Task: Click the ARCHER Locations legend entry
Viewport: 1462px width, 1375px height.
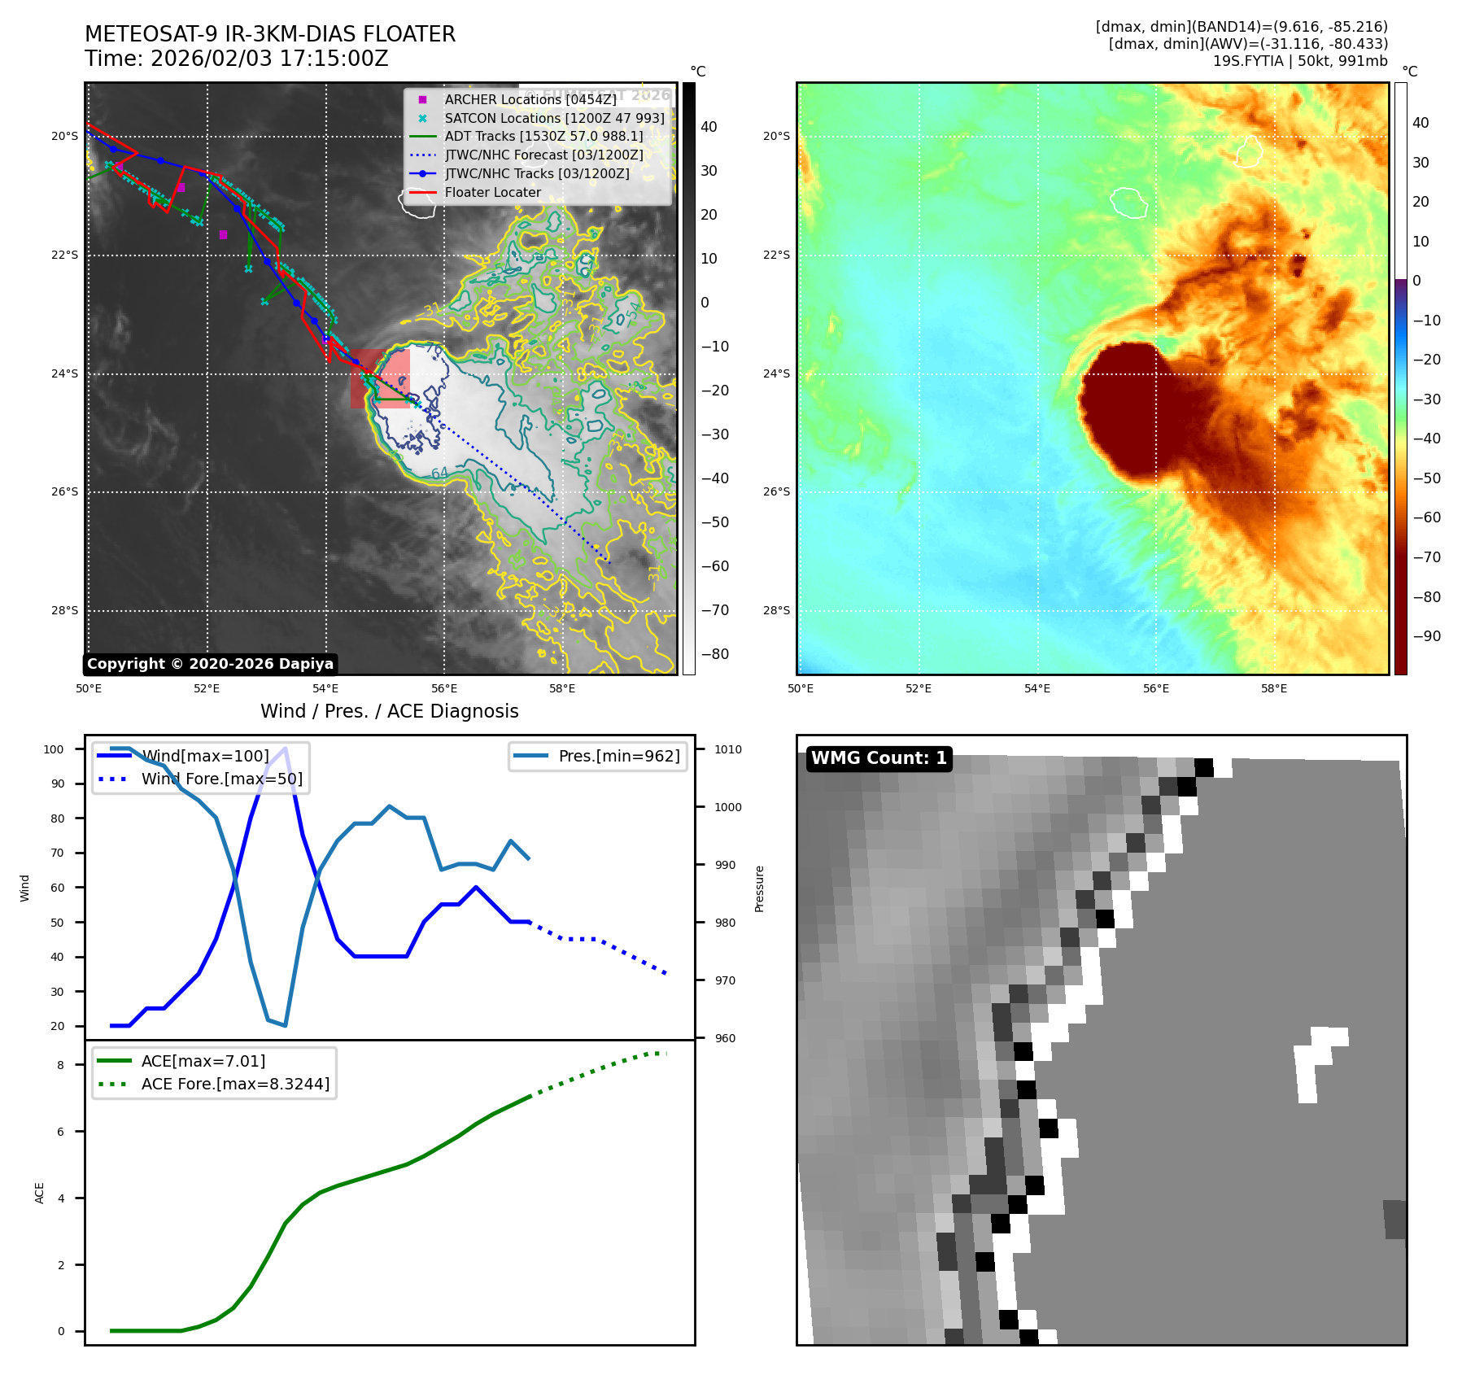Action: (530, 99)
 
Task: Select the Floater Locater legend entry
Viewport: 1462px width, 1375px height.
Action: (492, 193)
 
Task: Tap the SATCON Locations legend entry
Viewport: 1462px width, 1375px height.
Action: (553, 118)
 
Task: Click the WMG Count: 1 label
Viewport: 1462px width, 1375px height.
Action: (879, 758)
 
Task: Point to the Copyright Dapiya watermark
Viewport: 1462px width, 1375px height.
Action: (210, 664)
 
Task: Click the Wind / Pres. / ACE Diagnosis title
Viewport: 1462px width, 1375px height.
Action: (389, 711)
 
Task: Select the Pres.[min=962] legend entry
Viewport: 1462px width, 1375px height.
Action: (618, 756)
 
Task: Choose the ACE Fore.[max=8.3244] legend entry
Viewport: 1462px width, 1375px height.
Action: (234, 1084)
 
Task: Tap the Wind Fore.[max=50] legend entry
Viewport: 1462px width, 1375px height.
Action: (221, 779)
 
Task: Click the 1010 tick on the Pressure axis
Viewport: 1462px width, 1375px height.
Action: (728, 749)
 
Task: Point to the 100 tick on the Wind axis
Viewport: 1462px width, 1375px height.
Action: (54, 749)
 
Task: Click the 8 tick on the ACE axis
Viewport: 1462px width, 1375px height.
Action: (60, 1065)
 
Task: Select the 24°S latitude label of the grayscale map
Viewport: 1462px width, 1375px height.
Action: (65, 374)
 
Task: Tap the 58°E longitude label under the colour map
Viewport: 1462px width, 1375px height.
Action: (1273, 689)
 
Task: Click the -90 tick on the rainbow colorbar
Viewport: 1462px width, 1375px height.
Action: (1426, 636)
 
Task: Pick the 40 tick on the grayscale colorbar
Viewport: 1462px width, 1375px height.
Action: (709, 127)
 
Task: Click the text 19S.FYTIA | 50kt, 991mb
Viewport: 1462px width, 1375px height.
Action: (1299, 61)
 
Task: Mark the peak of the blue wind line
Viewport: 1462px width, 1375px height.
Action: (285, 749)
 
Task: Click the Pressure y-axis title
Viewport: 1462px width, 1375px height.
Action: (760, 888)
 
